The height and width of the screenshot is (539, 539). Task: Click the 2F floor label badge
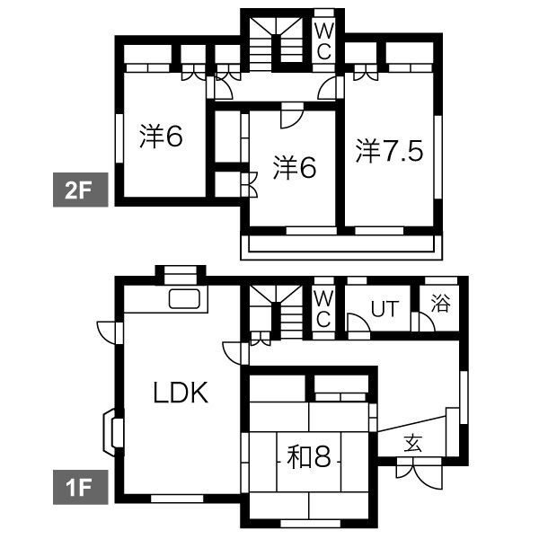click(x=81, y=190)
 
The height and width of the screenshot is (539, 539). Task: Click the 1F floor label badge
click(x=81, y=487)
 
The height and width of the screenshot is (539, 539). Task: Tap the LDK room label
click(x=181, y=393)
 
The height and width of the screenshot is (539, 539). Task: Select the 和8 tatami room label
click(x=309, y=457)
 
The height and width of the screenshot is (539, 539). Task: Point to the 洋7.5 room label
click(x=389, y=151)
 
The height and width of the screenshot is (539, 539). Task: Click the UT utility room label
click(x=385, y=309)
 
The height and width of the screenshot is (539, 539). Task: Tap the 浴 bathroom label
click(x=440, y=304)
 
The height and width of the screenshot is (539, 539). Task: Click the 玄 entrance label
click(x=413, y=443)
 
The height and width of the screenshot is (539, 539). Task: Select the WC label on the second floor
click(x=324, y=42)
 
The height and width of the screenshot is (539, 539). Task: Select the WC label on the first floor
click(x=323, y=309)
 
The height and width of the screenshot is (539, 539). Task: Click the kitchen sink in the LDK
click(x=184, y=299)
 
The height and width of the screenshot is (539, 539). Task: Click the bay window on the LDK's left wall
click(x=112, y=432)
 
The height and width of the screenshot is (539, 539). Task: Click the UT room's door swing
click(x=358, y=323)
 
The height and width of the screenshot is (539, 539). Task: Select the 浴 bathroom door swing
click(x=423, y=323)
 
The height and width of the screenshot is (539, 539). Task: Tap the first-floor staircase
click(x=276, y=312)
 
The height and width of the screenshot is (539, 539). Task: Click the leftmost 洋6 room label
click(x=161, y=136)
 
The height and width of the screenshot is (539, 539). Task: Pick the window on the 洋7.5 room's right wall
click(x=437, y=157)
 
